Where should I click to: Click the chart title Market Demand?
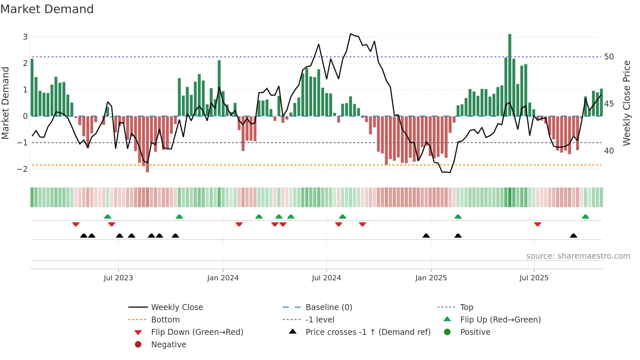click(x=47, y=9)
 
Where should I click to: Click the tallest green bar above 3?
click(x=510, y=75)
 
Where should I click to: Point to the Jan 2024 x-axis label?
click(x=223, y=278)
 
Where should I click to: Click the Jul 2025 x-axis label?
click(x=534, y=278)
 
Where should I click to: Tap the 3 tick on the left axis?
click(x=25, y=37)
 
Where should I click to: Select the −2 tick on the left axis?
click(x=23, y=169)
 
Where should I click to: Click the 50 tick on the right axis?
click(x=609, y=57)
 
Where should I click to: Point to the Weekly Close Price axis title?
click(x=626, y=103)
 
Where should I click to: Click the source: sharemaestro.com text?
click(x=578, y=256)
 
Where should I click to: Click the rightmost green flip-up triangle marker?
click(x=585, y=217)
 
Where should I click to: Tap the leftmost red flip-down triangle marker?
click(x=76, y=224)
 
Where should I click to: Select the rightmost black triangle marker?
click(x=573, y=236)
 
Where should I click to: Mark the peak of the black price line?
click(x=351, y=34)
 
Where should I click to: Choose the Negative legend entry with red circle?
click(x=168, y=344)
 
